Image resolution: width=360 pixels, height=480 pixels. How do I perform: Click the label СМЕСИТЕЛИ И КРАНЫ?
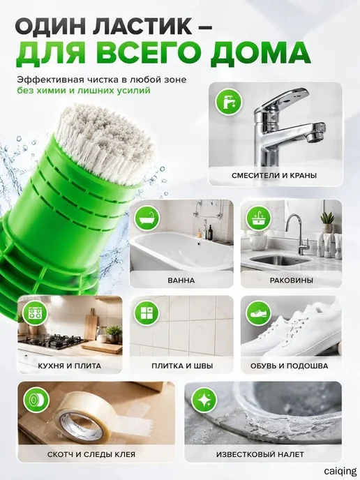pyautogui.click(x=274, y=175)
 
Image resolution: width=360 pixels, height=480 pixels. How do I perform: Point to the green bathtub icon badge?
pyautogui.click(x=147, y=218)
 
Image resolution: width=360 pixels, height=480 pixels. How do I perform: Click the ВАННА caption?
pyautogui.click(x=181, y=280)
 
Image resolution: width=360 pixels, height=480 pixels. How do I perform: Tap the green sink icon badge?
pyautogui.click(x=259, y=218)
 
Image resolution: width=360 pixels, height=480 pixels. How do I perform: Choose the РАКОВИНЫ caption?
pyautogui.click(x=292, y=280)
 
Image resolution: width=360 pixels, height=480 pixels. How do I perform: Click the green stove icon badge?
pyautogui.click(x=36, y=313)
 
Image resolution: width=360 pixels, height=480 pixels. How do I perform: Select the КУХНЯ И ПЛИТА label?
pyautogui.click(x=70, y=366)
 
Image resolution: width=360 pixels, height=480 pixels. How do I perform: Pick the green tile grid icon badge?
pyautogui.click(x=147, y=313)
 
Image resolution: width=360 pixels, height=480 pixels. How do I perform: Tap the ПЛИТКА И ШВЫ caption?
pyautogui.click(x=182, y=366)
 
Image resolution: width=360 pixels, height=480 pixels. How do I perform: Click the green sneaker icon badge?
pyautogui.click(x=259, y=313)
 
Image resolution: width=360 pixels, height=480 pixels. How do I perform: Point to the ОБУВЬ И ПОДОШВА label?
pyautogui.click(x=289, y=366)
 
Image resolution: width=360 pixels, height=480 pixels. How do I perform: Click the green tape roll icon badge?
pyautogui.click(x=36, y=400)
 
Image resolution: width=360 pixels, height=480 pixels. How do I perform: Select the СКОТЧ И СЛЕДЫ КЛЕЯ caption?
pyautogui.click(x=91, y=454)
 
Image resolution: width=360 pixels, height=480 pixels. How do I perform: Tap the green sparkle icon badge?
pyautogui.click(x=204, y=400)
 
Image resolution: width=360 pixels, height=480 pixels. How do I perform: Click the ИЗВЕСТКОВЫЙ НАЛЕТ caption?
pyautogui.click(x=260, y=454)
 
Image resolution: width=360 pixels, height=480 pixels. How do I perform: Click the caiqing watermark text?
pyautogui.click(x=340, y=471)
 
